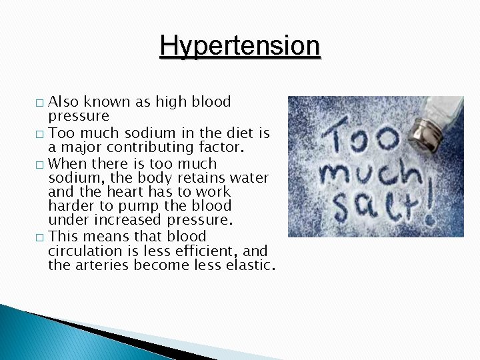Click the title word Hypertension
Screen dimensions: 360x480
point(240,46)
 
